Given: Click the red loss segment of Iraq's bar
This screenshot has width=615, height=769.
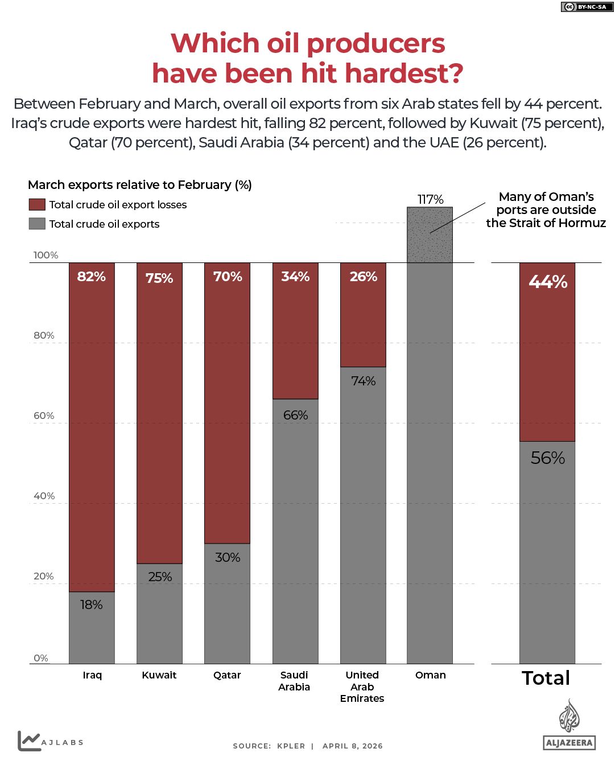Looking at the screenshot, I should tap(92, 427).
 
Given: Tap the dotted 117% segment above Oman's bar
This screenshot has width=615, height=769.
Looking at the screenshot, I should tap(430, 235).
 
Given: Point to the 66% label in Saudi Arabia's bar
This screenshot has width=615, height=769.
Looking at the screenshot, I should tap(295, 416).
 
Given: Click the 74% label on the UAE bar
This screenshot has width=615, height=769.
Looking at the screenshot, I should tap(363, 381).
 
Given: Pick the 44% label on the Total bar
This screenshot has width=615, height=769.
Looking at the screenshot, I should tap(547, 282).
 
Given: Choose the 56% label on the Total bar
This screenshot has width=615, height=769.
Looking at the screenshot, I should tap(547, 458).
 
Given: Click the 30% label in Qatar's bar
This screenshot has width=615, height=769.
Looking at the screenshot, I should tap(228, 558).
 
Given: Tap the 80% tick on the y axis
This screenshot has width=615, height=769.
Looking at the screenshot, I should tap(44, 335).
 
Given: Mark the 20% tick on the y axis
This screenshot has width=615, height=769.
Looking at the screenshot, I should tap(44, 576).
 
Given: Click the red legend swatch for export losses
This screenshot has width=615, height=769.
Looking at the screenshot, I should tap(37, 205).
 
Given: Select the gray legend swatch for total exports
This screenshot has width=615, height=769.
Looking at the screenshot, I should tap(37, 224).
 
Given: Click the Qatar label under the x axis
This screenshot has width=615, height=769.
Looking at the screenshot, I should tap(227, 675).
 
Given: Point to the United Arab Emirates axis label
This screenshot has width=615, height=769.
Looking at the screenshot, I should tap(362, 686).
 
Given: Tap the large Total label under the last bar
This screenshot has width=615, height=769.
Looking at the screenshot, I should tap(546, 678).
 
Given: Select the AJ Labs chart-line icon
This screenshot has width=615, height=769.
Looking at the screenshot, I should tap(29, 741).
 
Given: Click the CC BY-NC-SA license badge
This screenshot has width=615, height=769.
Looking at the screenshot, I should tap(584, 7).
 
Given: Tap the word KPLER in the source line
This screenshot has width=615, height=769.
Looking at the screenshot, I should tap(291, 746).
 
